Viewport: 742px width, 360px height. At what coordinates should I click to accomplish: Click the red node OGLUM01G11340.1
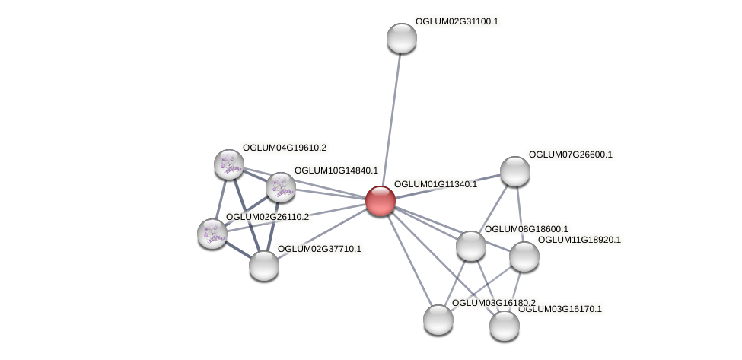(380, 201)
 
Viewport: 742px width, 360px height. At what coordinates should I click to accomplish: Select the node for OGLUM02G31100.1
(401, 38)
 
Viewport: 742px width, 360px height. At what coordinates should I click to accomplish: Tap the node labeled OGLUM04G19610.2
(228, 164)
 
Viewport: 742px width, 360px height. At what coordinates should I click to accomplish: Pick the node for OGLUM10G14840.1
(280, 186)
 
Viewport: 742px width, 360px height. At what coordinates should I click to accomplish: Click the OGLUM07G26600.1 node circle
(514, 171)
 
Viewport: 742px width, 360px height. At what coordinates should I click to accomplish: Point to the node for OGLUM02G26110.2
(212, 234)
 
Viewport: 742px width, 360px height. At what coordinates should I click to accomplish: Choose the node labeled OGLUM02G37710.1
(264, 265)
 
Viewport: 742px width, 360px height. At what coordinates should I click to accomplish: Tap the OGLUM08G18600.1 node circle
(470, 246)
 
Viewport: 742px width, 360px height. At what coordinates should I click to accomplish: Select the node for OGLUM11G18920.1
(524, 256)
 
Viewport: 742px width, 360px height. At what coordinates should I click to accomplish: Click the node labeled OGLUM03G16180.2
(438, 319)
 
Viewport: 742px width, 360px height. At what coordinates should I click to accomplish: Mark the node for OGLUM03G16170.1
(504, 326)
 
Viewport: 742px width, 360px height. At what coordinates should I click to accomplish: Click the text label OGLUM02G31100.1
(457, 21)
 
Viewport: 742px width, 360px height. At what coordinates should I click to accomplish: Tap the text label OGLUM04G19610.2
(285, 148)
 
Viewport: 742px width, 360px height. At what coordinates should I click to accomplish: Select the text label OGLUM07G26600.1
(570, 155)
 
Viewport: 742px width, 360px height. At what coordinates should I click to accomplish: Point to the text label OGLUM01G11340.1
(435, 184)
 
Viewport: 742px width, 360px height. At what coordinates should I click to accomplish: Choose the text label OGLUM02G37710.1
(319, 249)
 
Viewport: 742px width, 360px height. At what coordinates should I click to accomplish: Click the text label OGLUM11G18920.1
(579, 240)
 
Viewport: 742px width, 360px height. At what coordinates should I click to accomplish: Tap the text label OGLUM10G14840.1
(336, 170)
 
